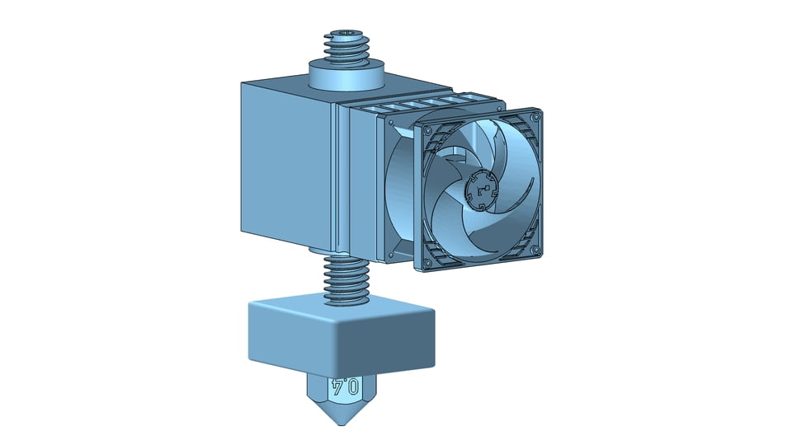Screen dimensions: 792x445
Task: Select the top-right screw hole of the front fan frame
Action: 535,117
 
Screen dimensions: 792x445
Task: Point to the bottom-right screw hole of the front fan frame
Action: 535,249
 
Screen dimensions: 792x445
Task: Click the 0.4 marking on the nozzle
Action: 345,387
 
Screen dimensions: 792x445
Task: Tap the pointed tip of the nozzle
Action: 342,423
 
